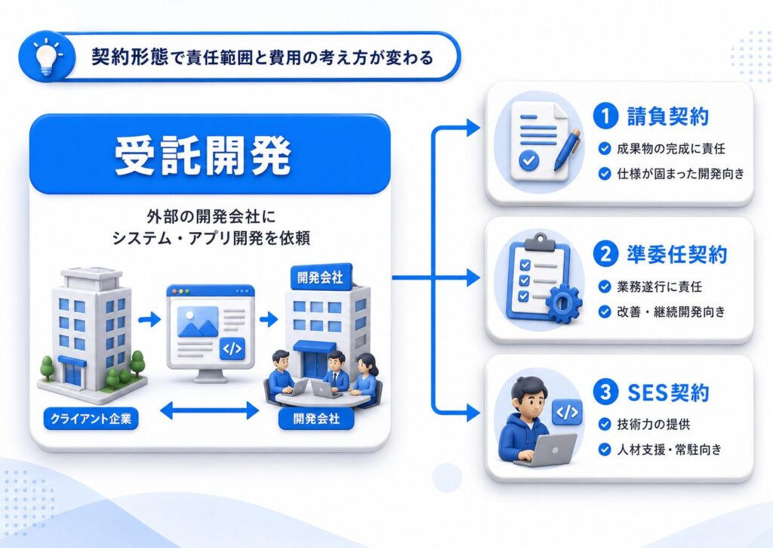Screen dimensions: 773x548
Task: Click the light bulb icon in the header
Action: coord(46,56)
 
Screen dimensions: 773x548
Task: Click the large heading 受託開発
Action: coord(203,156)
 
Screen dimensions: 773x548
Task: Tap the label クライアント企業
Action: coord(91,419)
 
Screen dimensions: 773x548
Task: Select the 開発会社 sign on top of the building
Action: coord(320,277)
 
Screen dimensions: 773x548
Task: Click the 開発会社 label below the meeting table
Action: coord(316,419)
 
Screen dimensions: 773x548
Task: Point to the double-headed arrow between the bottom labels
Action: coord(209,410)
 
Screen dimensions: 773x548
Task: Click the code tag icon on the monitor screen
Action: coord(233,348)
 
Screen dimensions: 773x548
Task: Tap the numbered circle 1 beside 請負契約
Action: coord(606,116)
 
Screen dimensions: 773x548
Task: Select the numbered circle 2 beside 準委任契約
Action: coord(606,254)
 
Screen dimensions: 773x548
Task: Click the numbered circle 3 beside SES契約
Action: coord(606,392)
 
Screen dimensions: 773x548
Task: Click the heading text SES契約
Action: coord(668,392)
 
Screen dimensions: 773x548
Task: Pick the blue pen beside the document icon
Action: coord(567,150)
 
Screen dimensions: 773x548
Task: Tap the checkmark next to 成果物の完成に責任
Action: coord(605,149)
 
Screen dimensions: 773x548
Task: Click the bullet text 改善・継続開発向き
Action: coord(671,311)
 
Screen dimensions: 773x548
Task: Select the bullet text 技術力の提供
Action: coord(653,424)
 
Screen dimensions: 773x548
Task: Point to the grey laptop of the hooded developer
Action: coord(548,450)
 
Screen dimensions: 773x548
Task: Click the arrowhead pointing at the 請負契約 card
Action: coord(473,128)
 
